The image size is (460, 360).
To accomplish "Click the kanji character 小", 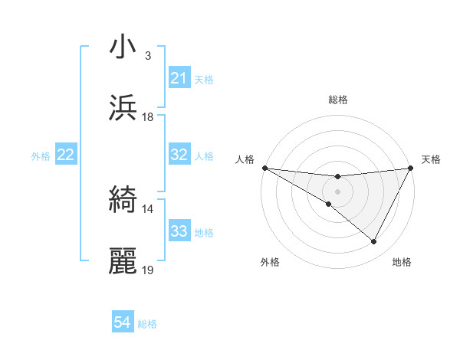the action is (x=123, y=47).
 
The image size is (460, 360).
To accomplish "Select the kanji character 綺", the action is (x=123, y=201).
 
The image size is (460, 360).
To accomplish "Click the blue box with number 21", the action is (x=179, y=78).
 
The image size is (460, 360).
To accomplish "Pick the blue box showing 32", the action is (x=179, y=155).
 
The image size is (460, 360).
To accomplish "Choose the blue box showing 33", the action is (x=179, y=231).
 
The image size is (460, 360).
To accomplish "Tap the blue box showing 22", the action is (x=66, y=155).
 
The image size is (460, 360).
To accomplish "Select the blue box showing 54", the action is (x=123, y=323).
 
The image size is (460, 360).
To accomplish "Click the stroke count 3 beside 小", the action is (x=147, y=56).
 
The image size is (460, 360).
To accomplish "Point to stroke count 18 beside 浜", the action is (x=148, y=117).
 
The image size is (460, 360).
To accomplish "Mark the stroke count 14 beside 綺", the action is (x=148, y=209).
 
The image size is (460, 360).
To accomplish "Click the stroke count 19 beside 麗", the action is (x=148, y=270).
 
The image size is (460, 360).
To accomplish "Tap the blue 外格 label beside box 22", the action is (x=41, y=155).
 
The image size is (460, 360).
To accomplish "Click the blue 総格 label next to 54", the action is (x=147, y=324).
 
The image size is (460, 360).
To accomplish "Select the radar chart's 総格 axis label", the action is (x=338, y=100).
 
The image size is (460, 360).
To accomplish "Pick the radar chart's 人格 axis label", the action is (x=245, y=159).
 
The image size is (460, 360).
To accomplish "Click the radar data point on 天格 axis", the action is (x=412, y=168).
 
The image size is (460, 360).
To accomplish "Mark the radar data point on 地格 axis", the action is (x=374, y=242).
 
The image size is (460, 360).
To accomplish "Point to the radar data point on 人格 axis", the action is (x=264, y=168).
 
